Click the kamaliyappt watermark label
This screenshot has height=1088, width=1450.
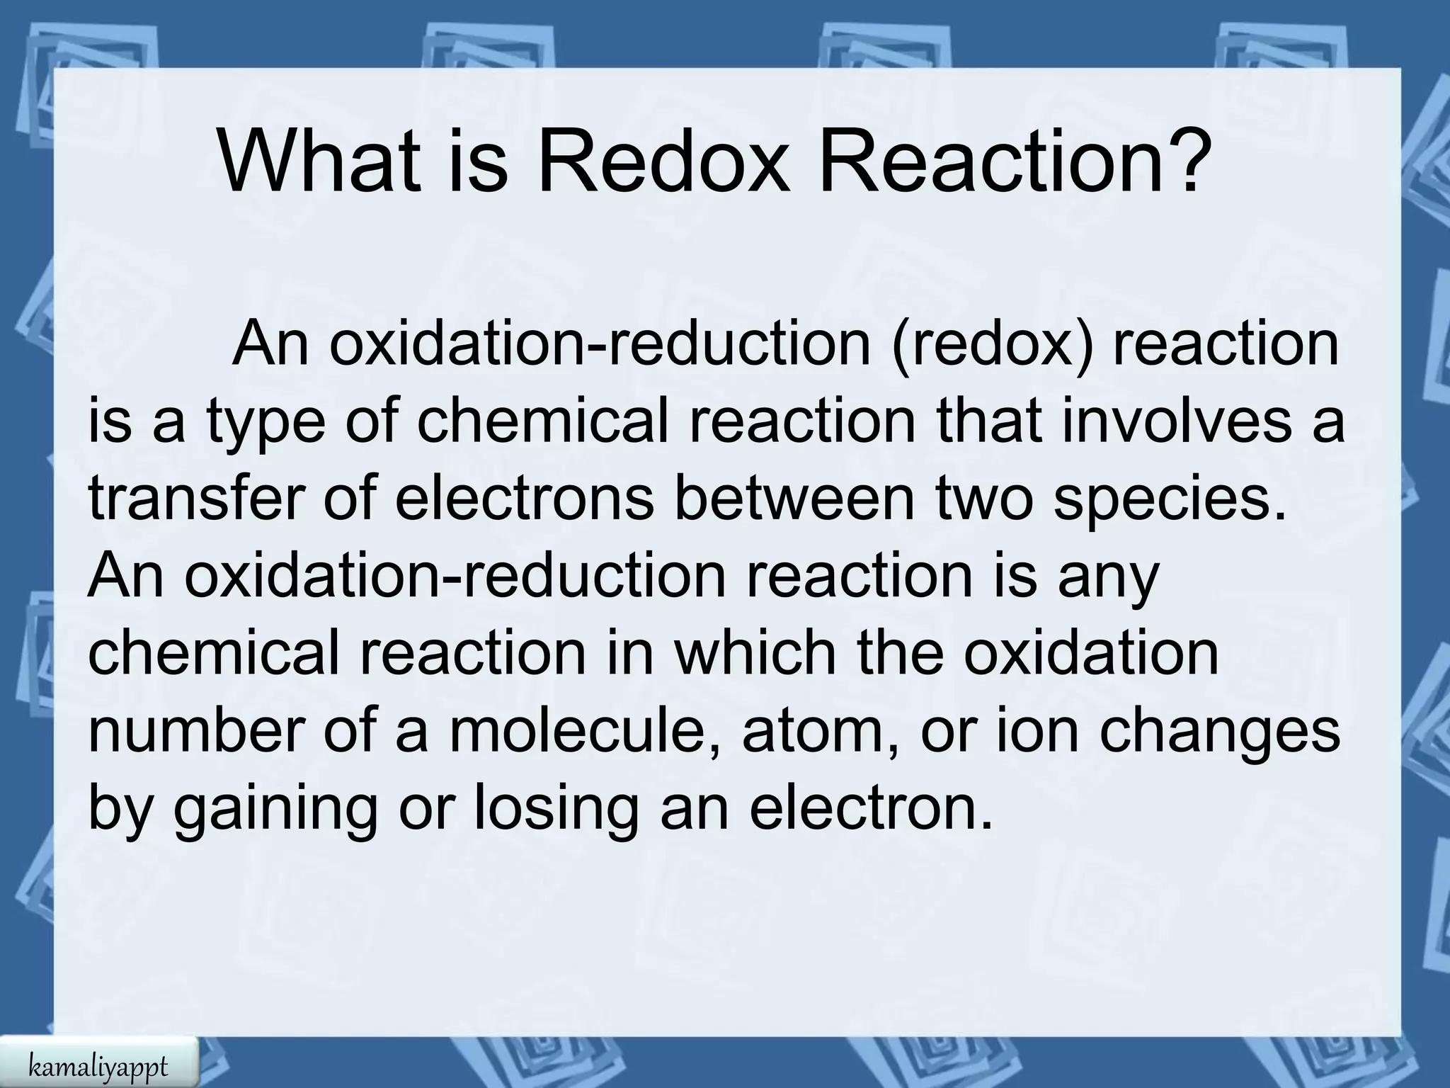pos(98,1065)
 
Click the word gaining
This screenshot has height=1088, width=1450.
pos(276,812)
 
